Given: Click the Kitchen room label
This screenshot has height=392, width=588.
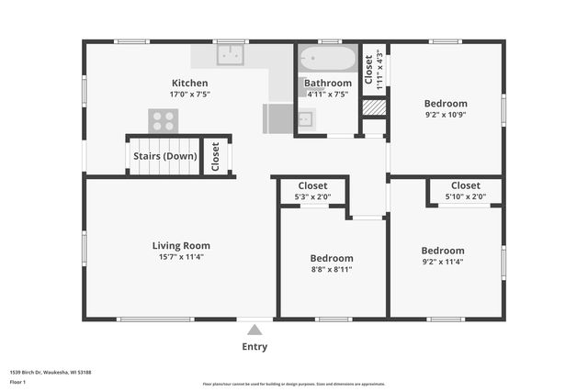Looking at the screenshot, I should click(188, 83).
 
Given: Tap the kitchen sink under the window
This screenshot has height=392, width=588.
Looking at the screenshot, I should click(230, 55).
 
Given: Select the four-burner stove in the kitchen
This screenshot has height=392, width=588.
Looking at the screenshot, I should click(164, 119).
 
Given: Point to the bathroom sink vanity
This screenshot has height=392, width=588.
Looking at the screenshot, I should click(305, 118).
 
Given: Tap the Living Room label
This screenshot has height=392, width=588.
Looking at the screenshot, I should click(181, 245).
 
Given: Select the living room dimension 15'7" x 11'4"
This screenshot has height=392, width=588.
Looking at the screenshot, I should click(181, 257).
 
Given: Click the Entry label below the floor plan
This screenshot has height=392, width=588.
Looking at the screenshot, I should click(254, 347).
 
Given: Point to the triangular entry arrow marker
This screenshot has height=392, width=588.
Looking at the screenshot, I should click(254, 329).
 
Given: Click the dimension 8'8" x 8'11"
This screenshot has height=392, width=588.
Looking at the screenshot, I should click(331, 270).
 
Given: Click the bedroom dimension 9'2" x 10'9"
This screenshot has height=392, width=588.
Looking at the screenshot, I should click(446, 116).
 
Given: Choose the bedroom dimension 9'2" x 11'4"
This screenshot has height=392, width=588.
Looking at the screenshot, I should click(443, 262).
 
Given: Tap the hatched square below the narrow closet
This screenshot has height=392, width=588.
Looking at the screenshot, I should click(373, 107).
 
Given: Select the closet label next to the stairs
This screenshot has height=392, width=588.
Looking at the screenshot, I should click(216, 157).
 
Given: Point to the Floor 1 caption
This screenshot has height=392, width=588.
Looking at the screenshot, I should click(17, 381).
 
